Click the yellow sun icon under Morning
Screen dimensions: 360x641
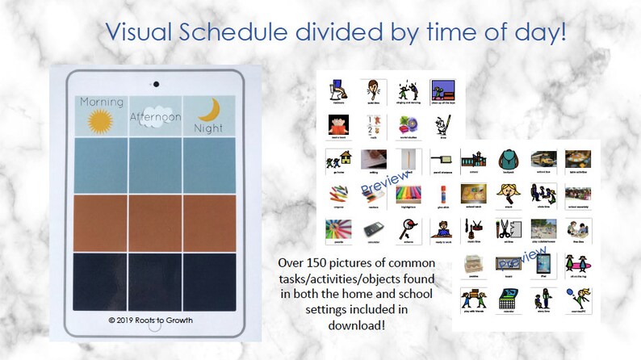(x=100, y=121)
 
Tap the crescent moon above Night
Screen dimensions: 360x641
(x=208, y=108)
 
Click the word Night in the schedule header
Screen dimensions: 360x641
(x=207, y=128)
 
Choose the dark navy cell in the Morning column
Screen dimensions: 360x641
(x=101, y=282)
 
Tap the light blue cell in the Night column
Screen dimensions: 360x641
(x=208, y=165)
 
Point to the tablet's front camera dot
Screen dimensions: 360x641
(x=154, y=83)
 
